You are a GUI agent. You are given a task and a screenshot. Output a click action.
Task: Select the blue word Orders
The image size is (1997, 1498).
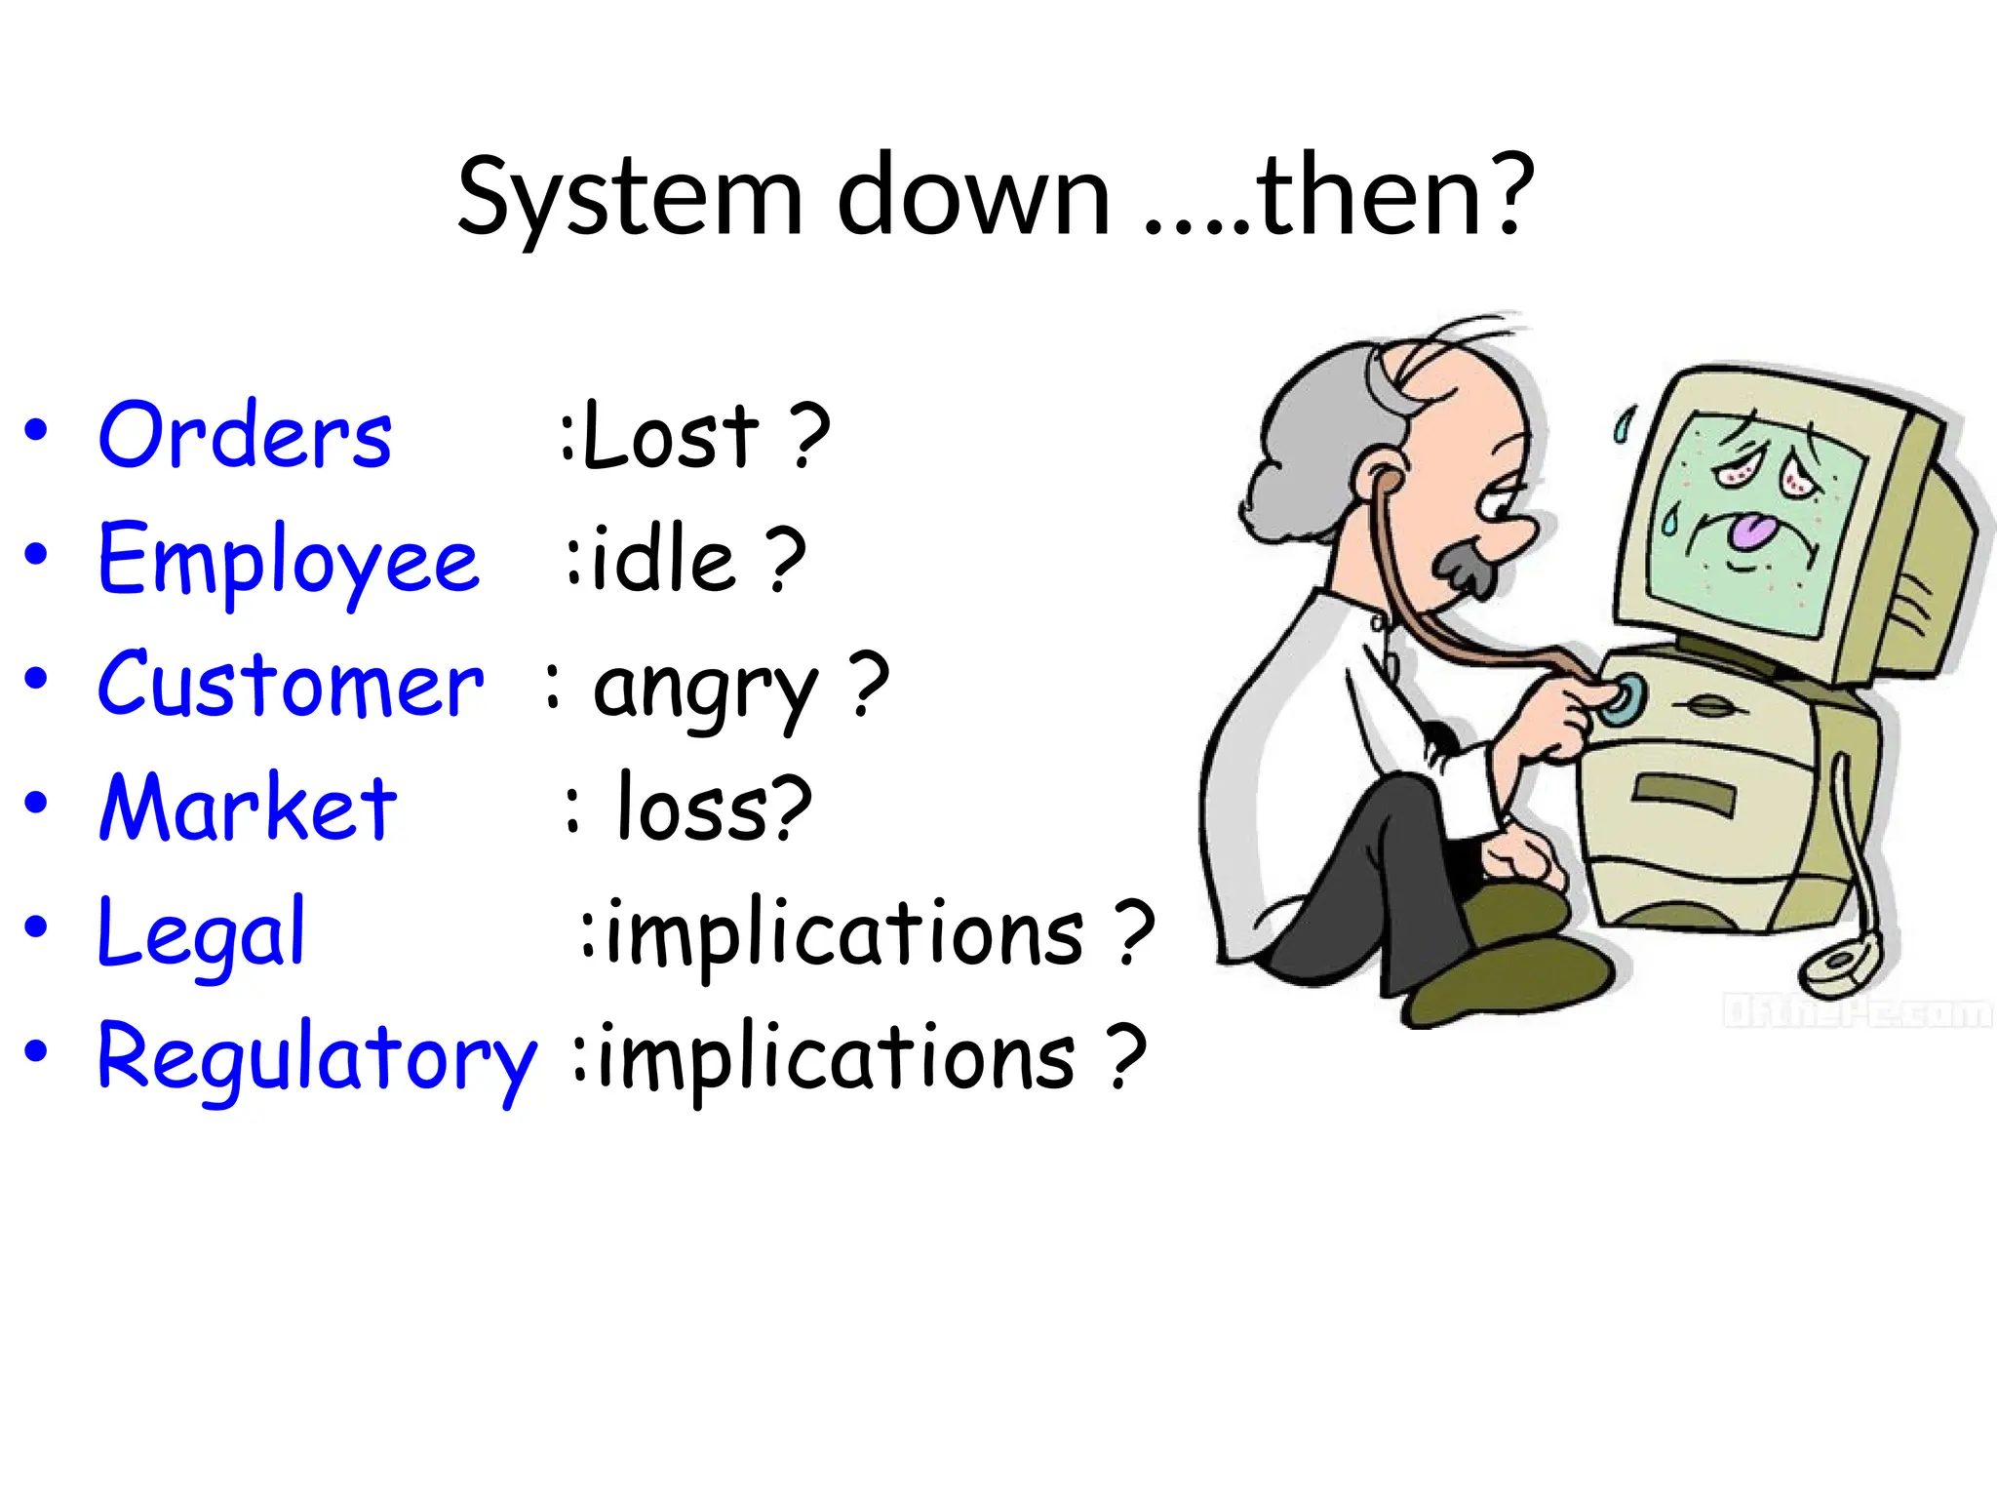pyautogui.click(x=245, y=435)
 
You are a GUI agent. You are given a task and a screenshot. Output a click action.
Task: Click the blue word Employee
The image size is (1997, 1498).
pyautogui.click(x=289, y=560)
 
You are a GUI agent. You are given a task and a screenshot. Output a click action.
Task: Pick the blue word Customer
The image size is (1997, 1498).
pyautogui.click(x=291, y=685)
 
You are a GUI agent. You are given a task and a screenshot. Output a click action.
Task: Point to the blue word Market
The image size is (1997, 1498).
pyautogui.click(x=249, y=808)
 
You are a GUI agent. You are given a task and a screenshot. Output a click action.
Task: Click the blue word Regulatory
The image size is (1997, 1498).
pyautogui.click(x=317, y=1057)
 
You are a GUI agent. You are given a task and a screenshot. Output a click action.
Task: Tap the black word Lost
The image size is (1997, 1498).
pyautogui.click(x=671, y=436)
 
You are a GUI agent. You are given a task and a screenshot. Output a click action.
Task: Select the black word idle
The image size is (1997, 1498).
pyautogui.click(x=663, y=560)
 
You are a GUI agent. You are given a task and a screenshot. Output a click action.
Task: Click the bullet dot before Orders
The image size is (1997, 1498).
pyautogui.click(x=36, y=431)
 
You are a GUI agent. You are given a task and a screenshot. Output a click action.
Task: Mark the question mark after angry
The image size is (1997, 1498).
pyautogui.click(x=869, y=685)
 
